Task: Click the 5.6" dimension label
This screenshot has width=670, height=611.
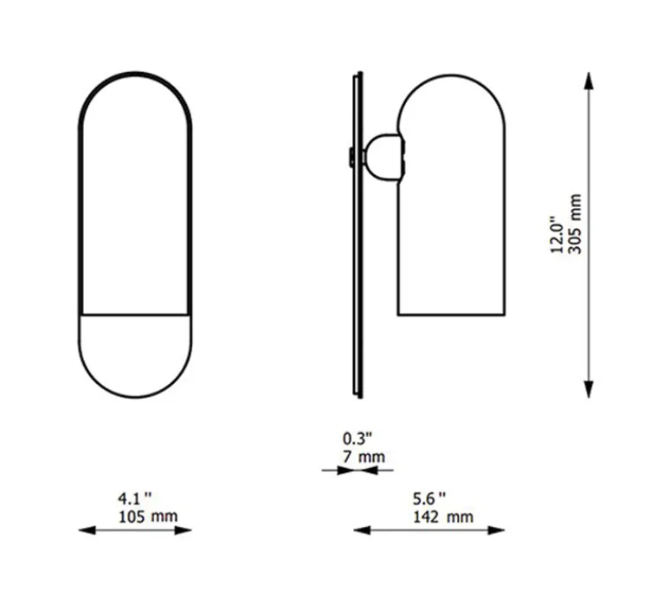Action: (429, 498)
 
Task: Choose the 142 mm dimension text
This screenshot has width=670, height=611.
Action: (443, 517)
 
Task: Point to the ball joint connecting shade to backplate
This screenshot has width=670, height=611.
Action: (381, 157)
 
